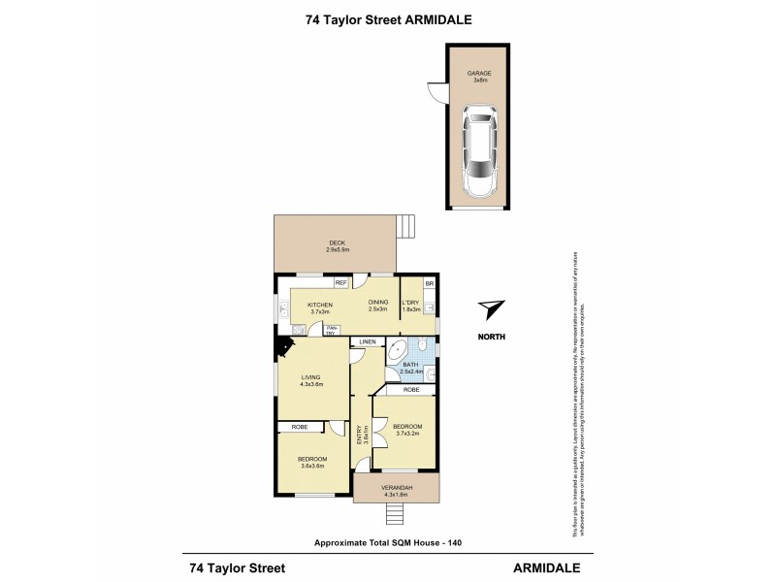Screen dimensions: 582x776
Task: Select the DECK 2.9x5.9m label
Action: pos(337,246)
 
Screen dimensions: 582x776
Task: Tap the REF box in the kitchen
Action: pos(340,282)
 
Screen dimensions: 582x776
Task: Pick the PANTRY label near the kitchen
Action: pos(332,331)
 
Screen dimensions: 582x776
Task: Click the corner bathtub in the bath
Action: pos(398,355)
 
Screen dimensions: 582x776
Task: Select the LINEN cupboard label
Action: pos(368,343)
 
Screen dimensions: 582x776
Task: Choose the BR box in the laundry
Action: pos(430,282)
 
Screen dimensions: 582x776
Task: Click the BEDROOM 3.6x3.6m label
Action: pos(312,463)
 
